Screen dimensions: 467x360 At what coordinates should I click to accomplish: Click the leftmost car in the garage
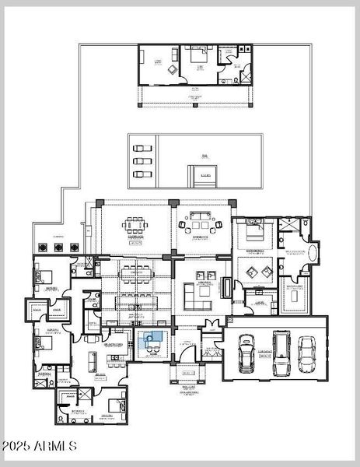pyautogui.click(x=247, y=353)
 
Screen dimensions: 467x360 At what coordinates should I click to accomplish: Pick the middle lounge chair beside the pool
pyautogui.click(x=140, y=161)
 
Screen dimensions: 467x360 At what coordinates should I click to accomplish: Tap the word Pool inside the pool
pyautogui.click(x=204, y=156)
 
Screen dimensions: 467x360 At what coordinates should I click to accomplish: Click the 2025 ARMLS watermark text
pyautogui.click(x=39, y=446)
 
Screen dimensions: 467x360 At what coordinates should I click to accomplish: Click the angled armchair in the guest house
pyautogui.click(x=171, y=68)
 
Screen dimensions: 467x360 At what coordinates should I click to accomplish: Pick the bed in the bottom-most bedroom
pyautogui.click(x=114, y=405)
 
